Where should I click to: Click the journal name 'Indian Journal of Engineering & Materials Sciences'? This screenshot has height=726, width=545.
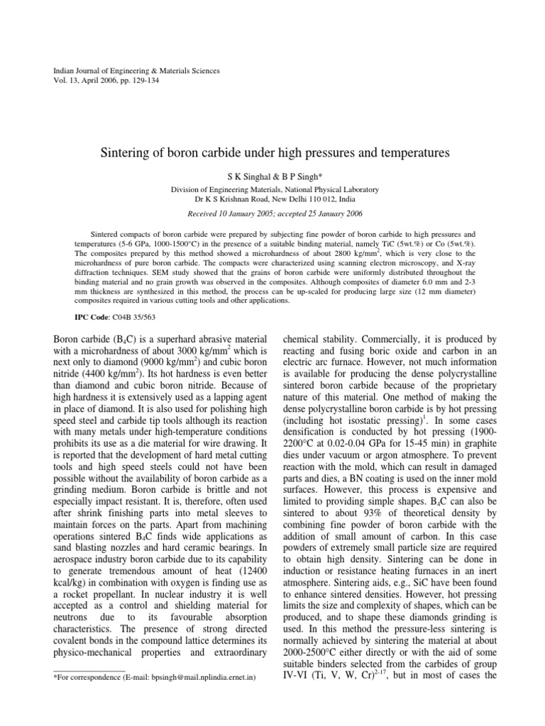[x=137, y=71]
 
